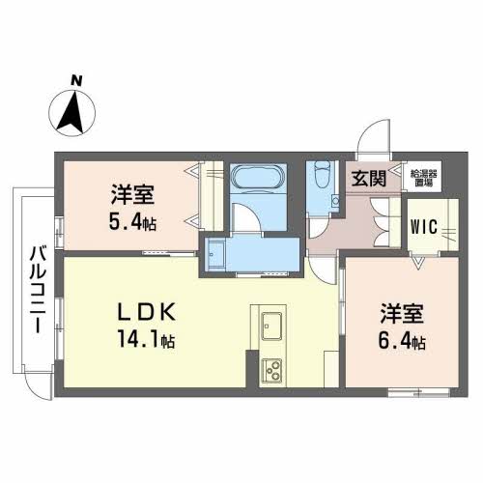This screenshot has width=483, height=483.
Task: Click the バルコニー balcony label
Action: click(37, 290)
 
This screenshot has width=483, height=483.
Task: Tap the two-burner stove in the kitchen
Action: click(271, 369)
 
